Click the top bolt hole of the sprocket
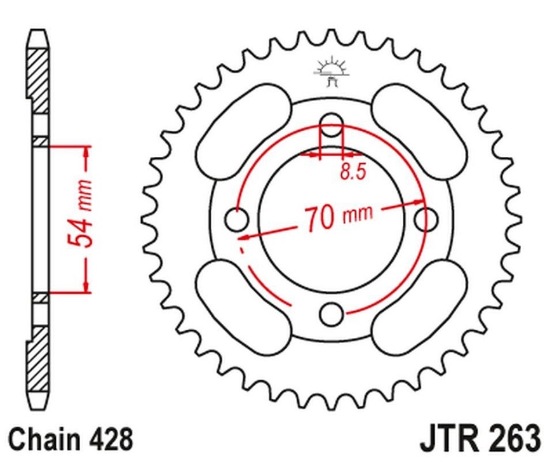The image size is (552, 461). coord(332,125)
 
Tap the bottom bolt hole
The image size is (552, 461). coord(332,314)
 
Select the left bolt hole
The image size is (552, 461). coord(236,220)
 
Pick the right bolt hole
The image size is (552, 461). coord(426,220)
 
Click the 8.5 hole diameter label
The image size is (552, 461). coord(353,171)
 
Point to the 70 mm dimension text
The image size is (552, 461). coord(337,218)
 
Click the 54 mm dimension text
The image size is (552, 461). coord(79,213)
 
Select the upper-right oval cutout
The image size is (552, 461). coord(419,132)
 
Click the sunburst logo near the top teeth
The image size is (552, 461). coord(331,72)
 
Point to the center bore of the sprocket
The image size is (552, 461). coord(332,220)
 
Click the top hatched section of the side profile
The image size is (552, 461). coord(37,81)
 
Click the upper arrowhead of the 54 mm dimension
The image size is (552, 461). coord(86,152)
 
